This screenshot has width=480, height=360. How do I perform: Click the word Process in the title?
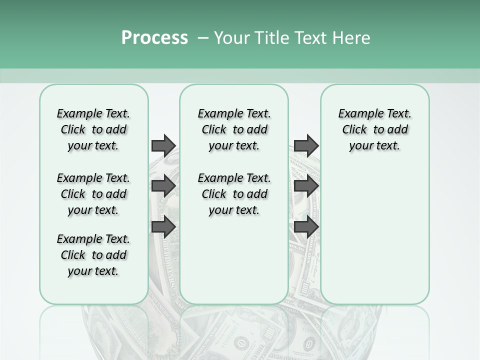point(154,38)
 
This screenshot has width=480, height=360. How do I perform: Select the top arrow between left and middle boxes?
point(163,145)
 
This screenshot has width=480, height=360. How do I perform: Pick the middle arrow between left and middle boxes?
point(163,186)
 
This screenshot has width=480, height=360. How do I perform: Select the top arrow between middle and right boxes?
point(306,145)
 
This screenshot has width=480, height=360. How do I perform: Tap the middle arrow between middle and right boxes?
point(306,186)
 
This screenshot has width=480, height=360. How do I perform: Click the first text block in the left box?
point(93,129)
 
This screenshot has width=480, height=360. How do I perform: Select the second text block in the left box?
point(93,194)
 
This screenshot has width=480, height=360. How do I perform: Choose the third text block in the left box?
point(93,255)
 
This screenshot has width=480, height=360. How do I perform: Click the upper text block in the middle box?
point(234,129)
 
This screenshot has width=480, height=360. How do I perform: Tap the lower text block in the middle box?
point(234,194)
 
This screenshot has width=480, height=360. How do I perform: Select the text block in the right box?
point(374,129)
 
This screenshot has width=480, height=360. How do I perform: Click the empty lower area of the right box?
point(374,235)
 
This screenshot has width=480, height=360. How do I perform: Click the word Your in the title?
point(230,38)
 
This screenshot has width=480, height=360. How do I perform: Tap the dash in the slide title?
point(202,38)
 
